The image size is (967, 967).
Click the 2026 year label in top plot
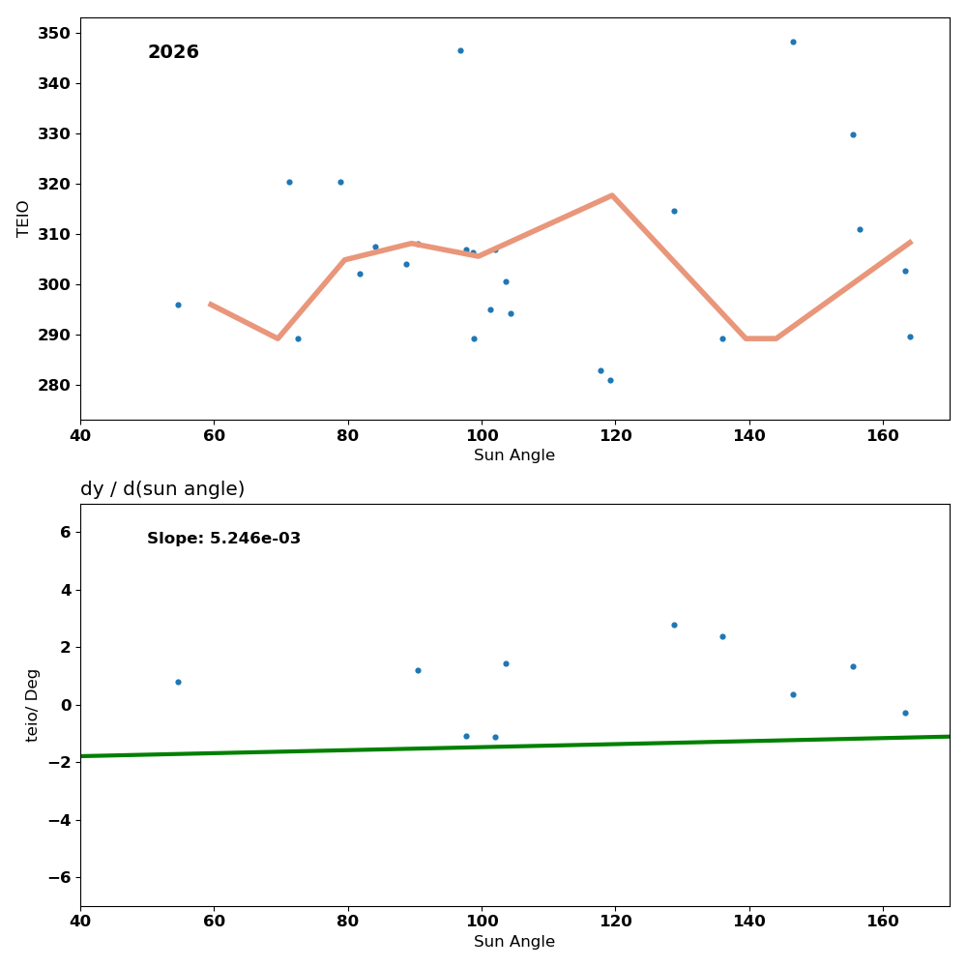[x=173, y=52]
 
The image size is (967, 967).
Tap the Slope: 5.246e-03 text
[x=223, y=539]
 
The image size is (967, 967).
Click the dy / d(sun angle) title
[x=162, y=489]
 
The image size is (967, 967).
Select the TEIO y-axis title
[x=24, y=219]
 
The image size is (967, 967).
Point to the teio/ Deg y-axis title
[x=33, y=705]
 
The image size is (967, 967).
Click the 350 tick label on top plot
[x=53, y=33]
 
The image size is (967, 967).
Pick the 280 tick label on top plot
[x=53, y=385]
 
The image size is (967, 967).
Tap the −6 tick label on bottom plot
[x=58, y=877]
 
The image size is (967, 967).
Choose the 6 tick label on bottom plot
[x=65, y=532]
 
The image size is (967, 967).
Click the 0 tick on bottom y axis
[x=65, y=705]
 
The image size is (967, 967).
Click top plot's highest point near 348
[x=793, y=42]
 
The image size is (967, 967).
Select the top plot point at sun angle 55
[x=178, y=305]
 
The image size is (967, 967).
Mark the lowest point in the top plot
[x=610, y=380]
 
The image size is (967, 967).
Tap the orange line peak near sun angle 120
[x=612, y=195]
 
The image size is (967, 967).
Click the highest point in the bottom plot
[x=674, y=625]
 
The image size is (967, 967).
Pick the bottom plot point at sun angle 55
[x=178, y=682]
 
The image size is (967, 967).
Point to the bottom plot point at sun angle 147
[x=793, y=694]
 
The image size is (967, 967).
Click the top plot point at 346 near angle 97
[x=460, y=50]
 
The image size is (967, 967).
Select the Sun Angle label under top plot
[x=514, y=455]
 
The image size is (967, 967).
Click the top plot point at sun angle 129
[x=674, y=211]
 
